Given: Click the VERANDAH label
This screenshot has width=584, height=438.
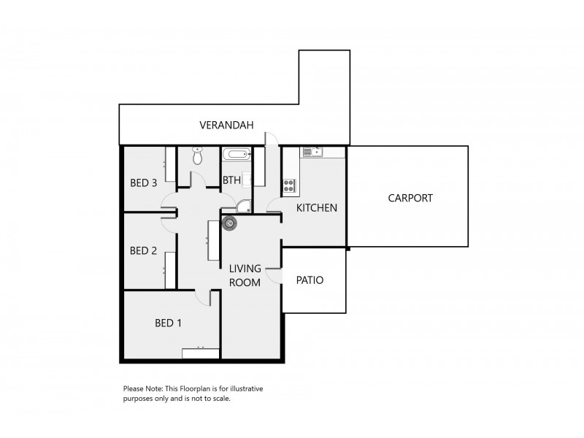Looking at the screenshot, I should (226, 126).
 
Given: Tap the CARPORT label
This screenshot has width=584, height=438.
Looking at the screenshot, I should (410, 198).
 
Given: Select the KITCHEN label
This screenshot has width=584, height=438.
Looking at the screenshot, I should (316, 208).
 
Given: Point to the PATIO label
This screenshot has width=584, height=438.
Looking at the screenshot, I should (310, 280).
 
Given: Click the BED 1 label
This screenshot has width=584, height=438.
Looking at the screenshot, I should (168, 322).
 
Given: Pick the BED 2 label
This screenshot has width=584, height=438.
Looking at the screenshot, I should (143, 250).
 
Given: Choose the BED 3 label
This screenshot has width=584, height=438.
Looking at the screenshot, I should (143, 182).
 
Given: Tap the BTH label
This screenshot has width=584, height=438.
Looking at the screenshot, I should (231, 180).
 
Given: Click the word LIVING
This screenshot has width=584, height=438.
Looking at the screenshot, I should (245, 269).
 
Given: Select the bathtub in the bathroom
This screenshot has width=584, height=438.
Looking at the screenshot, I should (237, 155).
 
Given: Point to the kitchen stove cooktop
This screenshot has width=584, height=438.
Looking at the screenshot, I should (290, 185).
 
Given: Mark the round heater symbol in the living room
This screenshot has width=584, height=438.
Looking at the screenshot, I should (229, 223).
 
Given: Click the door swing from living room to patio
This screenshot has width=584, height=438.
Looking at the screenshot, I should (273, 274).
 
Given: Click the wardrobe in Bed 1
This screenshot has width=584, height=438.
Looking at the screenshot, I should (201, 353).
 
